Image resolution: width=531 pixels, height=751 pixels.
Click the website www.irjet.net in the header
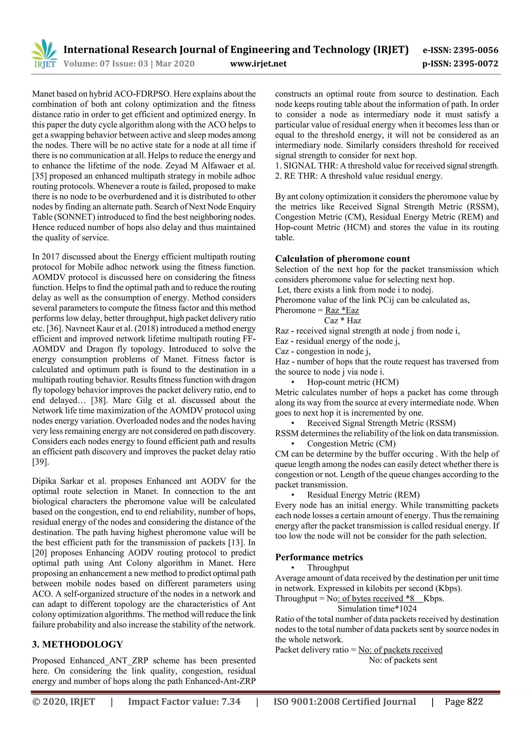point(258,64)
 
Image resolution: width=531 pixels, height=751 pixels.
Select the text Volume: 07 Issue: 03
point(106,64)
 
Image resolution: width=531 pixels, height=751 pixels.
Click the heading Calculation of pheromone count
point(342,259)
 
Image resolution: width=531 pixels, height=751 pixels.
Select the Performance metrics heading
point(319,557)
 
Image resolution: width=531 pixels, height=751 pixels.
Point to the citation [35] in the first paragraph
point(39,176)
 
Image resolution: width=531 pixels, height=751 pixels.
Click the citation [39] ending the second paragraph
point(40,462)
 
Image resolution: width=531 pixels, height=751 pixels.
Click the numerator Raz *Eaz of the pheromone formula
point(342,310)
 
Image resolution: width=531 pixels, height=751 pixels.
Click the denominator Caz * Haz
point(343,321)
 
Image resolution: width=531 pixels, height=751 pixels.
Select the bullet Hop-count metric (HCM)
point(352,382)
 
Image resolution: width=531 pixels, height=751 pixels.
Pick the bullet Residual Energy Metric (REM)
point(363,495)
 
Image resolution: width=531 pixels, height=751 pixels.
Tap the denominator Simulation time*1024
point(377,609)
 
